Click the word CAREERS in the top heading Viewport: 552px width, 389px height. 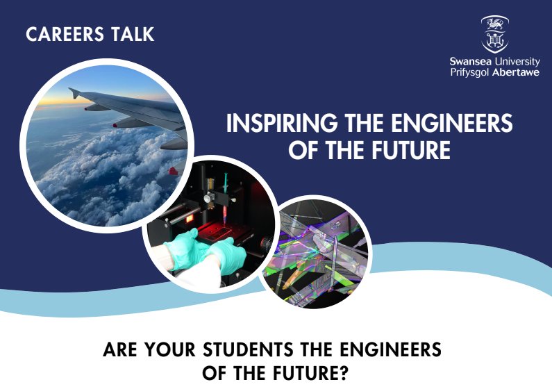[65, 35]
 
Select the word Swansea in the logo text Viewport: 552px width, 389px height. [471, 62]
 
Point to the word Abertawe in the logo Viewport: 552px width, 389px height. [516, 72]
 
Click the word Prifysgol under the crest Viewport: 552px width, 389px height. [469, 73]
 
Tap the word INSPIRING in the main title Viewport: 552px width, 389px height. [282, 123]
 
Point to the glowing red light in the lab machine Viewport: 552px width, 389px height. [190, 219]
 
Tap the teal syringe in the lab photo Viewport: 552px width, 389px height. [224, 199]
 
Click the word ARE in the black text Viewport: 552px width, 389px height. [119, 349]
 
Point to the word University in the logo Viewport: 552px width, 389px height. [517, 63]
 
